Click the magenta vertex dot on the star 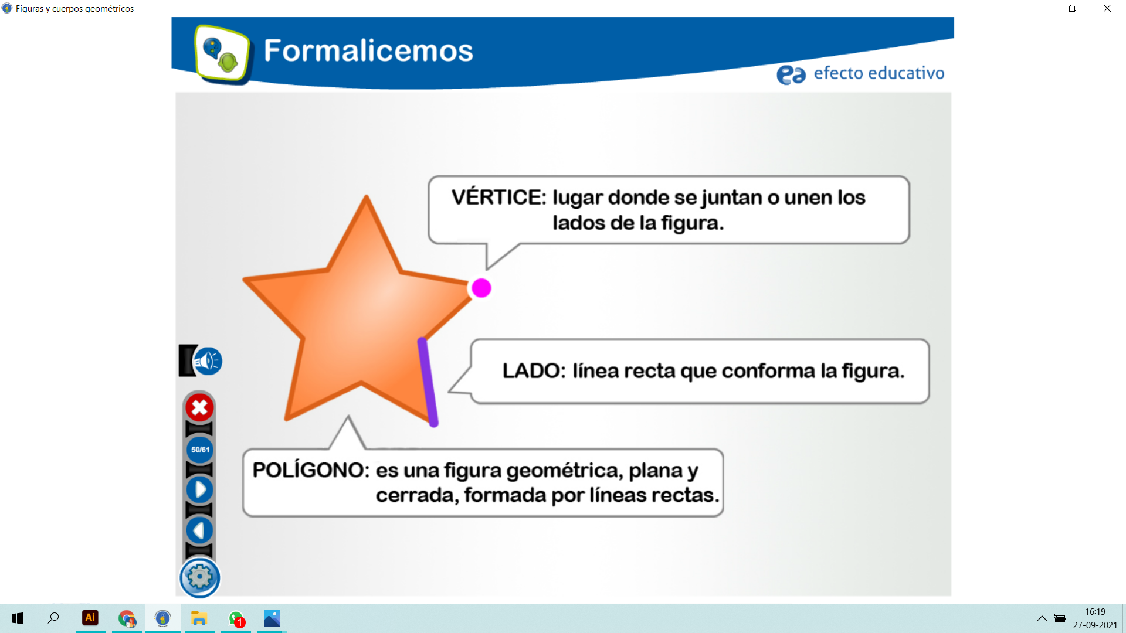[481, 288]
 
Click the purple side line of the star [428, 382]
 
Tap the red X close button [199, 407]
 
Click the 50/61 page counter [200, 450]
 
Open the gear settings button [200, 577]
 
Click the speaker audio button [208, 361]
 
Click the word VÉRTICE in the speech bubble [498, 197]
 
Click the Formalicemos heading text [368, 50]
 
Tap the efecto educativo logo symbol [791, 74]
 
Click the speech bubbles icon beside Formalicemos [222, 53]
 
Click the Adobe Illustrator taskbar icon [90, 618]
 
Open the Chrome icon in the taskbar [127, 618]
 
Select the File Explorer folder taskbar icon [199, 618]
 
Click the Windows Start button [18, 618]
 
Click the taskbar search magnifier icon [53, 618]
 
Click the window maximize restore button [1073, 8]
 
